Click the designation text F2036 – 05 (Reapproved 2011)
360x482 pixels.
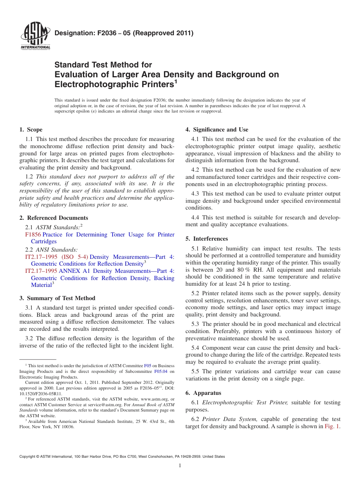[x=124, y=33]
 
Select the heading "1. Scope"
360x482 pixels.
[x=31, y=130]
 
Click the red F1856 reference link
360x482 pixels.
[x=33, y=235]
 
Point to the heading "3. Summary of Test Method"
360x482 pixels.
[x=57, y=298]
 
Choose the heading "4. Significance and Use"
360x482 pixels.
[x=217, y=130]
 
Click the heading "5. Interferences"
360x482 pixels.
[x=207, y=239]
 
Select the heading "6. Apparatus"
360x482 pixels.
[x=203, y=393]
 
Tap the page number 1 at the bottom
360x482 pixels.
[x=180, y=465]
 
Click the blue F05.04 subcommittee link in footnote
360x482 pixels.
[x=161, y=372]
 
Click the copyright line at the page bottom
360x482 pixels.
[x=122, y=457]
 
